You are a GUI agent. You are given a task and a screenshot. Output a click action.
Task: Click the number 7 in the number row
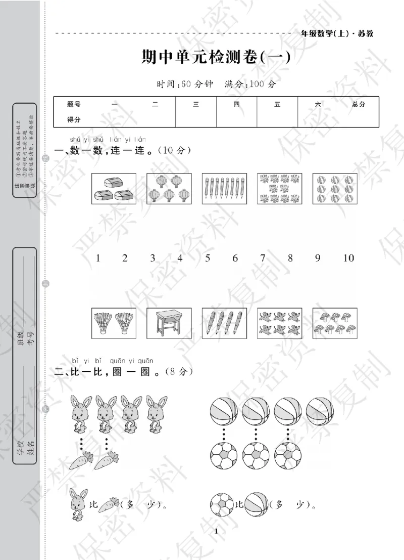[x=263, y=258]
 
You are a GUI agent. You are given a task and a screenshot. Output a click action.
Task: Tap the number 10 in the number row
[x=348, y=258]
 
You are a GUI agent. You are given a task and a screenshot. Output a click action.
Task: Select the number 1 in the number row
[x=98, y=258]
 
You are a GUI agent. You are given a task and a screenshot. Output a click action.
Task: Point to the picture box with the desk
[x=169, y=323]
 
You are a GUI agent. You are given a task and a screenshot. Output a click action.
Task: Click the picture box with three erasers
[x=114, y=188]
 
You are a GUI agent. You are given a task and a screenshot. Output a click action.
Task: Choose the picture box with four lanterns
[x=169, y=188]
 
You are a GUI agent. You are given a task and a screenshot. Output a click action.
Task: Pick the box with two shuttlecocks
[x=114, y=323]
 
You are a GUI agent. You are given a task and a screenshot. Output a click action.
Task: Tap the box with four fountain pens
[x=224, y=323]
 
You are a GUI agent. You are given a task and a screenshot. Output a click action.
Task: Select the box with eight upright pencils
[x=224, y=188]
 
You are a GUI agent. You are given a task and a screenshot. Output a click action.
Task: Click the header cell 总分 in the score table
[x=358, y=104]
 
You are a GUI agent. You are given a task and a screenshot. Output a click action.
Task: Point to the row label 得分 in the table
[x=74, y=120]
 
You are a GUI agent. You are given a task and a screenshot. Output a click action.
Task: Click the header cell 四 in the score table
[x=236, y=104]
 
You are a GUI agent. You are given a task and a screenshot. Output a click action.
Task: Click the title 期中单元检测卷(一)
[x=216, y=57]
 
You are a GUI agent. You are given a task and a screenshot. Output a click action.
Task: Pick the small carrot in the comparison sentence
[x=108, y=504]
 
